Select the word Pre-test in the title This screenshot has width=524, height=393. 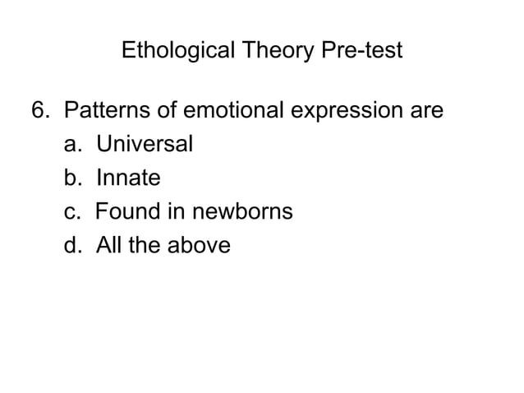[x=363, y=51]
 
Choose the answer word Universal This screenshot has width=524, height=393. [x=144, y=144]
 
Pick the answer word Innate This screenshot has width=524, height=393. [x=127, y=178]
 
